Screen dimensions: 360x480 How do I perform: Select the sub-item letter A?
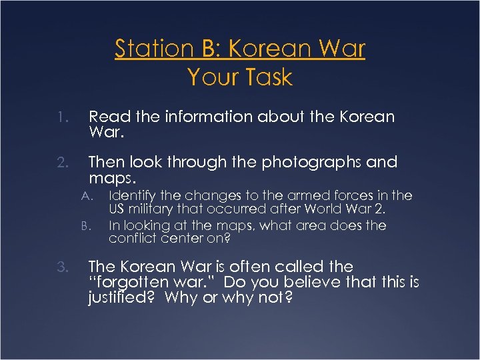[x=85, y=196]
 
